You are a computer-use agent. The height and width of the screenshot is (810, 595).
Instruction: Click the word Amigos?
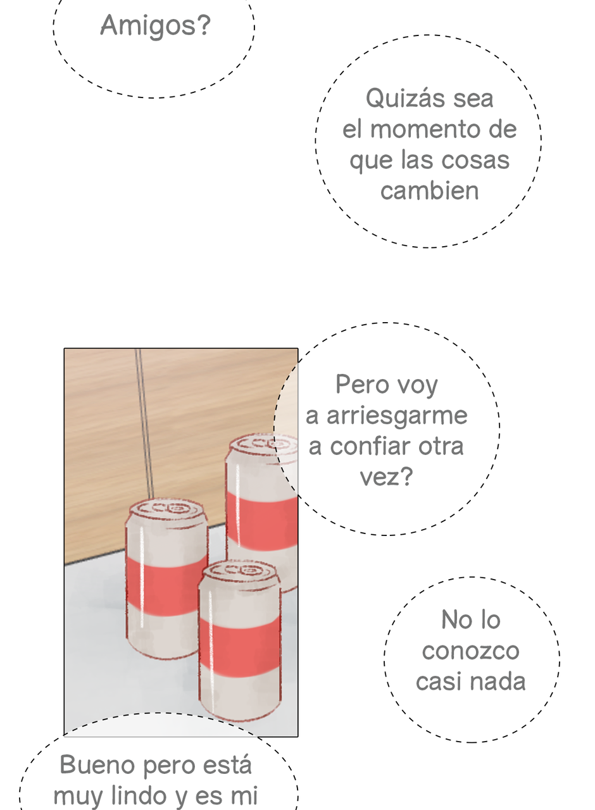pos(156,26)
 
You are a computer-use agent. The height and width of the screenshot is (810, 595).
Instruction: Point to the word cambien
pos(429,190)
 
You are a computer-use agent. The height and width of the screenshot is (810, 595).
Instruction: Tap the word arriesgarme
pos(397,416)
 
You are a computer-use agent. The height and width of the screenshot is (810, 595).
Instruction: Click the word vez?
pos(386,477)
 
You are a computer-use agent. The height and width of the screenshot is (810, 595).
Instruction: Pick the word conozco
pos(470,651)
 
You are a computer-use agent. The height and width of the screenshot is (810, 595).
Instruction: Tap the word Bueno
pos(97,764)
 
